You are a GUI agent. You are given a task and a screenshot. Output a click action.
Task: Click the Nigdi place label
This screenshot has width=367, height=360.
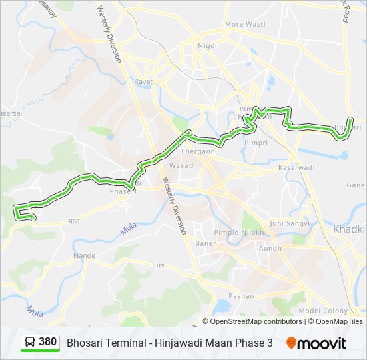pyautogui.click(x=207, y=46)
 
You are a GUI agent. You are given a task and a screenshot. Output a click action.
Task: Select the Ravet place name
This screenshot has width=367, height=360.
pyautogui.click(x=143, y=82)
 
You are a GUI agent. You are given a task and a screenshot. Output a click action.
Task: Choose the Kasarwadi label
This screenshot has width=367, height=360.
pyautogui.click(x=296, y=167)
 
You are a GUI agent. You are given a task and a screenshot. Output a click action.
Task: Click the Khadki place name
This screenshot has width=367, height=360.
pyautogui.click(x=348, y=229)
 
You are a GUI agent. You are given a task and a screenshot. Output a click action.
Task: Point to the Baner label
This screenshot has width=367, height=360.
pyautogui.click(x=205, y=243)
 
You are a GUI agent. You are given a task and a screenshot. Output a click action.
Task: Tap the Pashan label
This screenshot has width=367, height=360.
pyautogui.click(x=241, y=295)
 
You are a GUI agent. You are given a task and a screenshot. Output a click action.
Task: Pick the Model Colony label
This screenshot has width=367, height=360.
pyautogui.click(x=323, y=311)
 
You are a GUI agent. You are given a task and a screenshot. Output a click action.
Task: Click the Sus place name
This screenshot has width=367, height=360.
pyautogui.click(x=158, y=265)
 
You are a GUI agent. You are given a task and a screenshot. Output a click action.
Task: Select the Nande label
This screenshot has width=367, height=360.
pyautogui.click(x=85, y=255)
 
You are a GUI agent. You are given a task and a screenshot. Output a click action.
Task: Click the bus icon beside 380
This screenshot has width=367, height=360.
pyautogui.click(x=30, y=343)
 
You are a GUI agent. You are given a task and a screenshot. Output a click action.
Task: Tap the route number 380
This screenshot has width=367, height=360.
pyautogui.click(x=47, y=342)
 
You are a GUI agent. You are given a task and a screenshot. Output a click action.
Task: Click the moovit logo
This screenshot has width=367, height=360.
pyautogui.click(x=316, y=343)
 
